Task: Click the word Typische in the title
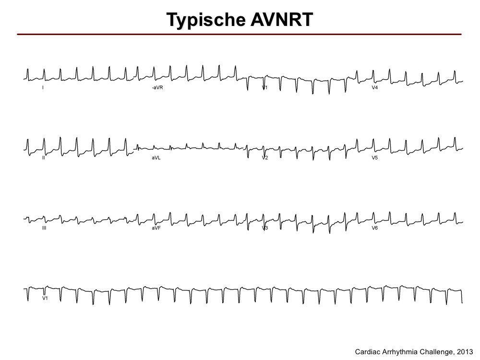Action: coord(206,20)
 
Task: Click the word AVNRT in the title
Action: coord(282,20)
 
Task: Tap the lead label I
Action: coord(43,87)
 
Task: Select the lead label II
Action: coord(44,157)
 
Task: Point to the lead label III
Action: coord(44,228)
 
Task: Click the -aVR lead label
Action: coord(157,87)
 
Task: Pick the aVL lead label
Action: coord(156,157)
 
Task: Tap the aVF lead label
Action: coord(156,228)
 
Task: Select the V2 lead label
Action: coord(265,157)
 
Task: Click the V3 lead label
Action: coord(265,228)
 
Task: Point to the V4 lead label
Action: coord(375,87)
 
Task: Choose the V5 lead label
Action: coord(375,157)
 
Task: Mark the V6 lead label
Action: coord(375,228)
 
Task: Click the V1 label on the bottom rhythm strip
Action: coord(45,298)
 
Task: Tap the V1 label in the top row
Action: coord(265,87)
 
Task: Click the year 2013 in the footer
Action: coord(465,352)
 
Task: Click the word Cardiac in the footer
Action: coord(366,352)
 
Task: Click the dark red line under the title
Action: coord(239,34)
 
